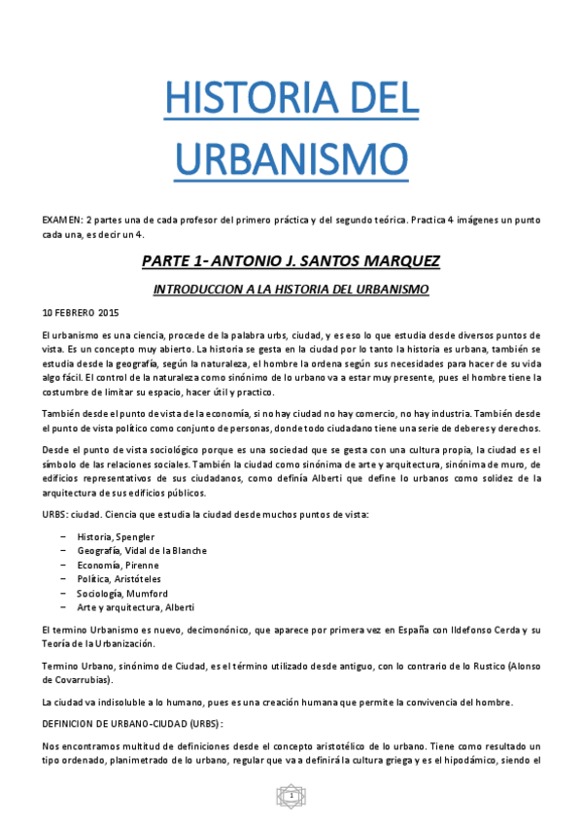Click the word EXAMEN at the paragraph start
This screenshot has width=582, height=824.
click(x=61, y=222)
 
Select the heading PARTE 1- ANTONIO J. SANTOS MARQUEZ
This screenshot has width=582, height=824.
click(x=291, y=262)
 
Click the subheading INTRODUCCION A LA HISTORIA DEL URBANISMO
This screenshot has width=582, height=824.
click(x=291, y=290)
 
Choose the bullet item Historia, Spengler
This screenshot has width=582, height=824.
click(x=116, y=536)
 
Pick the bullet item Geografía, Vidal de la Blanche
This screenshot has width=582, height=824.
click(x=142, y=551)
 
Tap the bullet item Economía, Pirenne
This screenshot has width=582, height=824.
click(x=118, y=565)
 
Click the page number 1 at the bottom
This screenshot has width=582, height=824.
click(x=291, y=797)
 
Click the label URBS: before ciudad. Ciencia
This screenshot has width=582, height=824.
click(x=55, y=512)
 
